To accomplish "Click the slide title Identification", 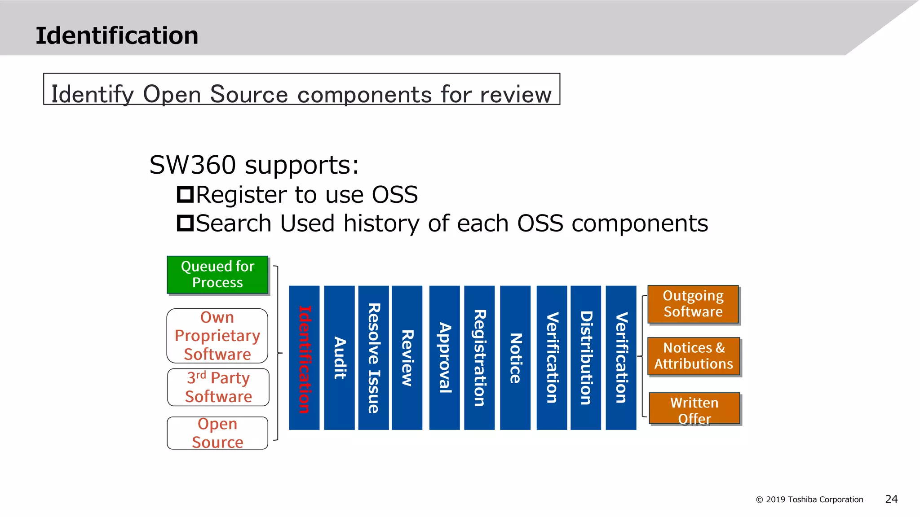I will tap(117, 35).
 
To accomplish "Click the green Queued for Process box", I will tap(217, 275).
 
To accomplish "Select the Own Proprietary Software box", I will tap(217, 336).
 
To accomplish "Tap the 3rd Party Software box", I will tap(218, 387).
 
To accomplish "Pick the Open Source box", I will tap(217, 433).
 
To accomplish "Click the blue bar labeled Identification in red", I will tap(304, 358).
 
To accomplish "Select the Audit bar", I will tap(339, 358).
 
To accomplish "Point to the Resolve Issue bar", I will tap(373, 358).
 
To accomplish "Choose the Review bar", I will tap(407, 358).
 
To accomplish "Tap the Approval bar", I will tap(444, 358).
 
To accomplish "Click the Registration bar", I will tap(479, 358).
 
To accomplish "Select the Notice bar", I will tap(515, 358).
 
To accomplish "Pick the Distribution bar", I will tap(586, 358).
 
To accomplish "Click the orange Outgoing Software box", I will tap(693, 304).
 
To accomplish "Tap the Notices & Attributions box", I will tap(694, 356).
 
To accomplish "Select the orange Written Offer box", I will tap(694, 408).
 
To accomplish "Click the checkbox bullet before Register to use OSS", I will tap(185, 194).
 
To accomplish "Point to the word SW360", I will tap(193, 165).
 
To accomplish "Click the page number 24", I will tap(891, 499).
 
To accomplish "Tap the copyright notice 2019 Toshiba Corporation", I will tap(809, 499).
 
